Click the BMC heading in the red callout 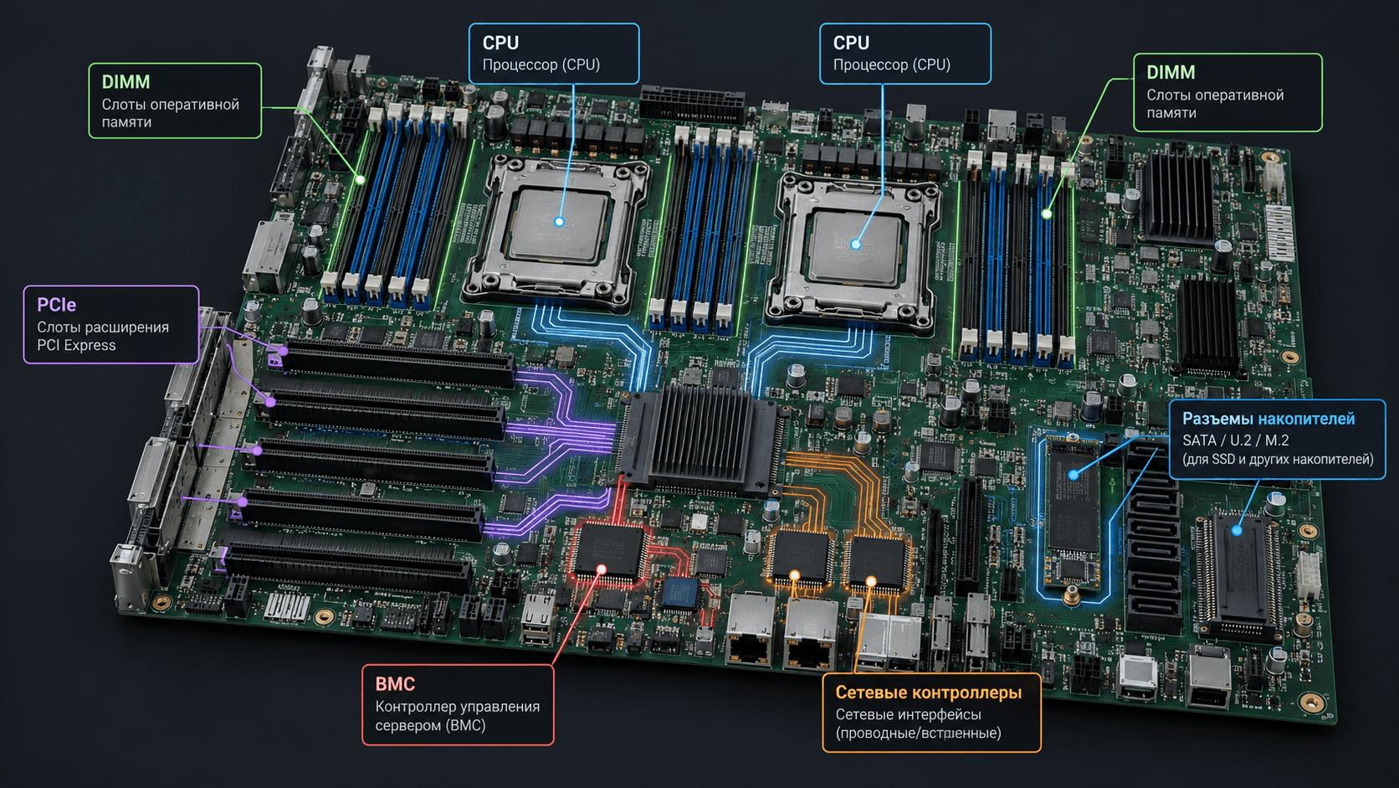pyautogui.click(x=395, y=684)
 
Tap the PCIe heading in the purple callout pyautogui.click(x=56, y=305)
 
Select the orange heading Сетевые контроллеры pyautogui.click(x=928, y=693)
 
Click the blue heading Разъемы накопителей pyautogui.click(x=1268, y=419)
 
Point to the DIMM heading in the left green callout pyautogui.click(x=126, y=82)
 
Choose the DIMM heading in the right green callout pyautogui.click(x=1171, y=73)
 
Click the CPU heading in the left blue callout pyautogui.click(x=500, y=43)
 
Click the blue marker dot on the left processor pyautogui.click(x=559, y=221)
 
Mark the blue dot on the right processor pyautogui.click(x=856, y=245)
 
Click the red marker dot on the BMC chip pyautogui.click(x=602, y=569)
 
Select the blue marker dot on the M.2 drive pyautogui.click(x=1073, y=475)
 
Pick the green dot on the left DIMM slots pyautogui.click(x=361, y=180)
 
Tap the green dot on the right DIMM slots pyautogui.click(x=1047, y=214)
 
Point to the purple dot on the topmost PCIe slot pyautogui.click(x=283, y=351)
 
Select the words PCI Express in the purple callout pyautogui.click(x=76, y=346)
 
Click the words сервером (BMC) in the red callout pyautogui.click(x=430, y=725)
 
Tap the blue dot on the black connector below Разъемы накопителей pyautogui.click(x=1237, y=531)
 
